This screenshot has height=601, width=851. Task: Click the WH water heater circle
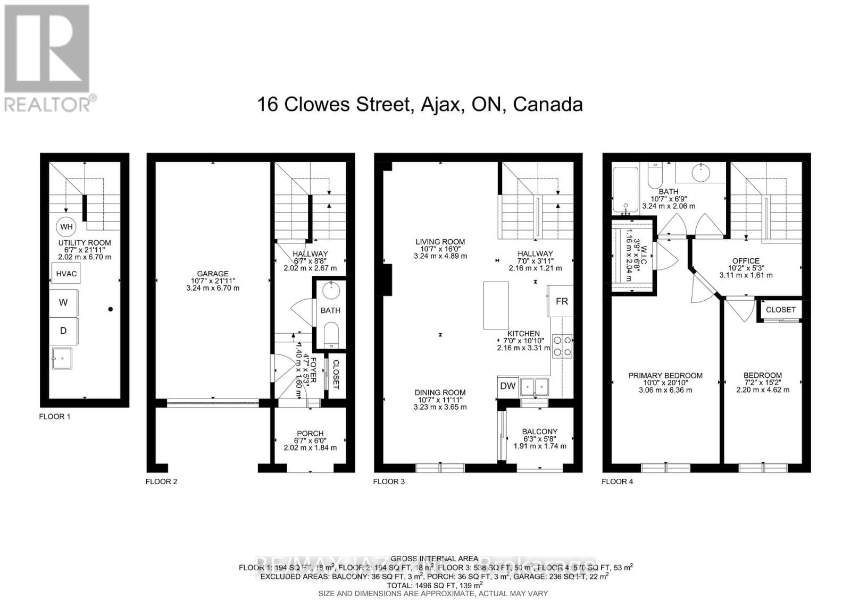point(66,227)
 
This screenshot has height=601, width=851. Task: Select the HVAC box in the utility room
point(66,274)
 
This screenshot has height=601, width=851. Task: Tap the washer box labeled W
point(64,302)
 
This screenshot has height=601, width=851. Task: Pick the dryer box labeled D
point(64,331)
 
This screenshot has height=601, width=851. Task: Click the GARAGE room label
point(213,274)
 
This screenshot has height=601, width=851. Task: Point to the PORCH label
point(310,434)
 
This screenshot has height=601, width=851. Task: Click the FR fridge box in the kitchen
point(561,301)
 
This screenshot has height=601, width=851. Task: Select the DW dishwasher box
point(507,386)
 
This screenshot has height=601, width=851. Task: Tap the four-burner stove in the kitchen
point(562,345)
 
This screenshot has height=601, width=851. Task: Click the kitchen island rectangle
point(496,306)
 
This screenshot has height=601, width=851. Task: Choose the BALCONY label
point(540,431)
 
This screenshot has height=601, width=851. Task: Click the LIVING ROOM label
point(440,242)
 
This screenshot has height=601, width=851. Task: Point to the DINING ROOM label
point(440,393)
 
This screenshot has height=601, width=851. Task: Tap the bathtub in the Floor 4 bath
point(625,190)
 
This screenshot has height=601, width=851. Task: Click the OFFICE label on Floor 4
point(746,261)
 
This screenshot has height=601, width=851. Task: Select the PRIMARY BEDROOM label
point(665,375)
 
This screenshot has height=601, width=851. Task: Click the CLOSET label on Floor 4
point(781,309)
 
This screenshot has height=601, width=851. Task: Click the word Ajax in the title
point(439,104)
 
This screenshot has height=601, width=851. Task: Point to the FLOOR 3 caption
point(389,481)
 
